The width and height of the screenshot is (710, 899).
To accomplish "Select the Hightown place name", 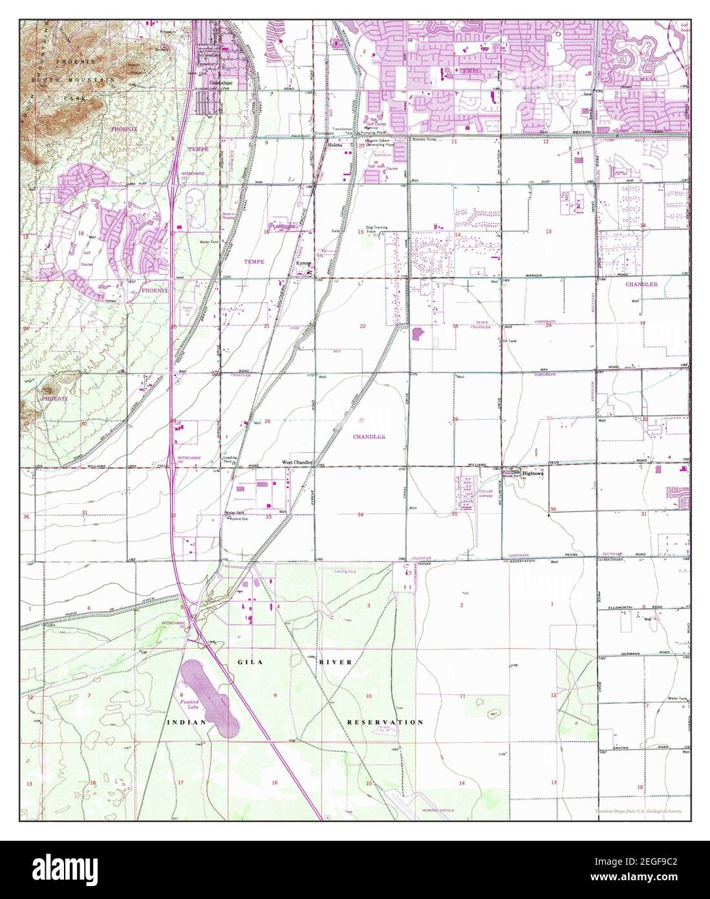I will point(533,473).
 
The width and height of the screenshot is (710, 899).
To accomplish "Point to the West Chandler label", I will point(297,462).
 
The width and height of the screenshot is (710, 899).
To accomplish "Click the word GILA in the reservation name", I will point(244,662).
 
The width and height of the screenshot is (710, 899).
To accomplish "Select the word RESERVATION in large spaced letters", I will point(385,722).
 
